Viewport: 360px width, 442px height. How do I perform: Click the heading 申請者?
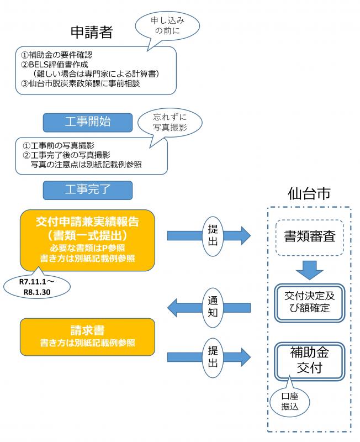pos(91,32)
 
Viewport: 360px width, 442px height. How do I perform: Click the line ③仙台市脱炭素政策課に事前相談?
pos(80,83)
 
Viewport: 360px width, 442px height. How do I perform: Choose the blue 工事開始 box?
pos(88,122)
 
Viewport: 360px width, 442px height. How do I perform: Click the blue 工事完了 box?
pos(88,189)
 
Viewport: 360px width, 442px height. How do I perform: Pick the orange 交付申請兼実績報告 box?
pos(87,239)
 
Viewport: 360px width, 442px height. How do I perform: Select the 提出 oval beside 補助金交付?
pos(213,356)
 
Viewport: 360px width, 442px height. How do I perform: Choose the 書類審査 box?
pos(310,238)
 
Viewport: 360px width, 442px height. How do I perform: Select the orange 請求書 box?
pos(87,336)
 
